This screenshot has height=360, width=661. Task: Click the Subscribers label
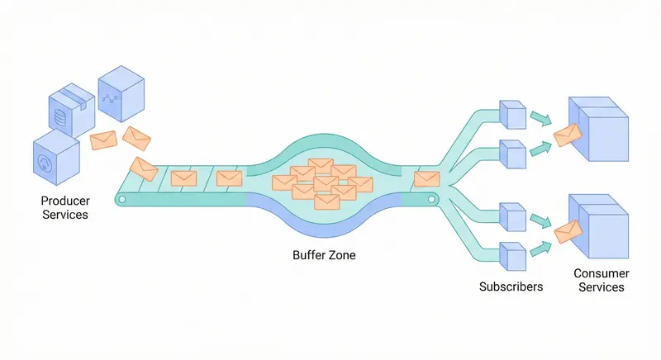pos(511,287)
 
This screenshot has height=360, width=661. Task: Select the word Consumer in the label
pos(602,273)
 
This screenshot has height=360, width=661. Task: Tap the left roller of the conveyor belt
pos(121,199)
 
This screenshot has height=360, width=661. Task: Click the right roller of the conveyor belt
pos(430,199)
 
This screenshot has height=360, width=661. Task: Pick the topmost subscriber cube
pos(512,116)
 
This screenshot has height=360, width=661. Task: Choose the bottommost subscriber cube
pos(512,256)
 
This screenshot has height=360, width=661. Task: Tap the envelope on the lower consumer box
pos(568,232)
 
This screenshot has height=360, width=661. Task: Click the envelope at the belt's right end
pos(426,178)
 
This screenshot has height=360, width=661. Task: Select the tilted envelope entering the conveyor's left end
pos(144,168)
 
